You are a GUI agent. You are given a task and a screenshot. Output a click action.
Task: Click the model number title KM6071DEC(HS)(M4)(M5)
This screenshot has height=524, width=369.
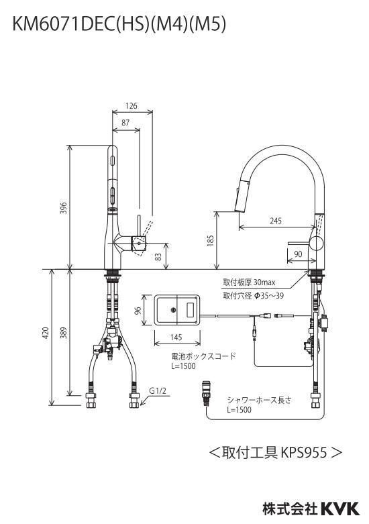(x=119, y=25)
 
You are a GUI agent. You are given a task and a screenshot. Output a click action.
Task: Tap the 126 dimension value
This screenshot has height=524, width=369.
(x=131, y=106)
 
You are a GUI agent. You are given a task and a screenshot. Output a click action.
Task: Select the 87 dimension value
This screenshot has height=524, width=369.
(x=125, y=123)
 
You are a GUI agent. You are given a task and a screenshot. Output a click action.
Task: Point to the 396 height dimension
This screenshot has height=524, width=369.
(x=64, y=208)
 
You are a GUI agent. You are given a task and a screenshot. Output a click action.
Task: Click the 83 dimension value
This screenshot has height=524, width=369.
(x=158, y=257)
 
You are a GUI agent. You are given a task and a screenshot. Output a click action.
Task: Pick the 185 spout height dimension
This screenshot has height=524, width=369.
(x=210, y=241)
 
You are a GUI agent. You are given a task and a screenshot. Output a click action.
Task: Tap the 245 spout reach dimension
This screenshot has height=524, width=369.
(x=276, y=221)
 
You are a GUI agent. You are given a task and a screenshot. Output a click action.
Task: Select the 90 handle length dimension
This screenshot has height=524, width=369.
(x=298, y=254)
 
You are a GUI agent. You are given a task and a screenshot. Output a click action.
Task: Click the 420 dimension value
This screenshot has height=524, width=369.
(x=46, y=333)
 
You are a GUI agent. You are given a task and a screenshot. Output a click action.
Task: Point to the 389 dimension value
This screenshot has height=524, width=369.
(x=64, y=333)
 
